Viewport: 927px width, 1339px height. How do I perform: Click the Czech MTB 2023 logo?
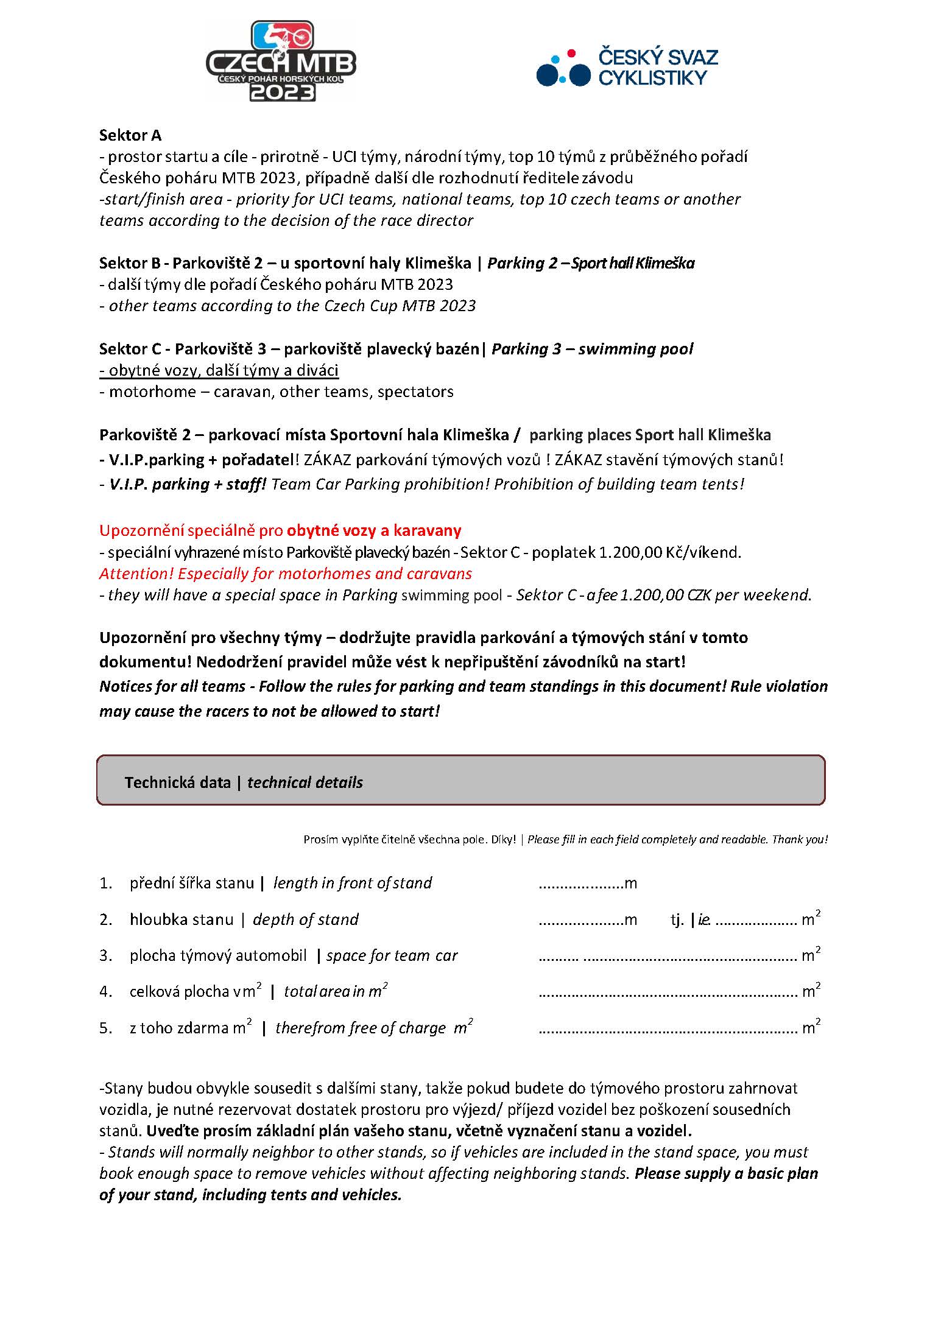click(x=281, y=61)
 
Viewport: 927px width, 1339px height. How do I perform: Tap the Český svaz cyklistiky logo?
click(x=627, y=67)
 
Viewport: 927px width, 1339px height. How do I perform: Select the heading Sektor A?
click(x=130, y=135)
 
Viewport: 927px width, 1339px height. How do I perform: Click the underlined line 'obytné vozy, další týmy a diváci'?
click(x=219, y=370)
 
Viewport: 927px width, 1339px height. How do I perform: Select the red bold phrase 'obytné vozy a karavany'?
click(x=374, y=530)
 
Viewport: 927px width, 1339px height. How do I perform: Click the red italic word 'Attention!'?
click(x=136, y=574)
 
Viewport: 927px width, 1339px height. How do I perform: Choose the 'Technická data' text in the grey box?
click(x=177, y=782)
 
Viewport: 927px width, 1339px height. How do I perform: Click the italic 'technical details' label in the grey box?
click(x=305, y=782)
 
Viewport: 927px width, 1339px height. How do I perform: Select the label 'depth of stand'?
click(x=305, y=919)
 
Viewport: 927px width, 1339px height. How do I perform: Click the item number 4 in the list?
click(x=105, y=992)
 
